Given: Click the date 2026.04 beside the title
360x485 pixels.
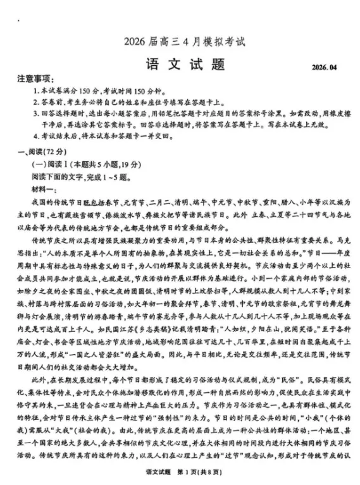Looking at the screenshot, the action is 325,67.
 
